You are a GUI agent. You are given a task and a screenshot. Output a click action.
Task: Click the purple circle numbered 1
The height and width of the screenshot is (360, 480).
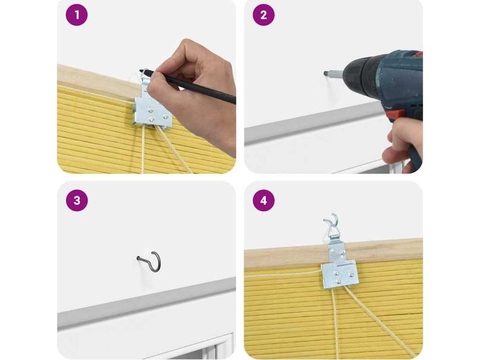[76, 15]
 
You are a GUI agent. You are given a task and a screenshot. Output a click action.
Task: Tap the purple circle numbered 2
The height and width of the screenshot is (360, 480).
[263, 15]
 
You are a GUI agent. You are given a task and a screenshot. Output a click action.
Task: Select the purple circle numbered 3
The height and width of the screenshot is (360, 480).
[76, 201]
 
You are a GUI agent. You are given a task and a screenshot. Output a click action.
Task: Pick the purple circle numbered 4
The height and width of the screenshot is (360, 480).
[263, 201]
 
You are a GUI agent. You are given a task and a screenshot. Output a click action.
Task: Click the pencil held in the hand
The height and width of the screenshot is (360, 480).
[187, 86]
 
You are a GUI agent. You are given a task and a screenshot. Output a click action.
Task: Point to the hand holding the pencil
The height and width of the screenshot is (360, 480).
[193, 92]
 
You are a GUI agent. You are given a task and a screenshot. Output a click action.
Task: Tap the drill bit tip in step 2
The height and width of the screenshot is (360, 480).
[326, 73]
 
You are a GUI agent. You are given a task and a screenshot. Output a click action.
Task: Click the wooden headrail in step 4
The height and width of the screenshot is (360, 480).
[333, 253]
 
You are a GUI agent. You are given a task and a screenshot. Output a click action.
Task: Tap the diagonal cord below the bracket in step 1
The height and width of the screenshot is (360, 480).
[175, 150]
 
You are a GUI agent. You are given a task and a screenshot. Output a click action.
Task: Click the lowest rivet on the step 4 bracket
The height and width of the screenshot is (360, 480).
[338, 281]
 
